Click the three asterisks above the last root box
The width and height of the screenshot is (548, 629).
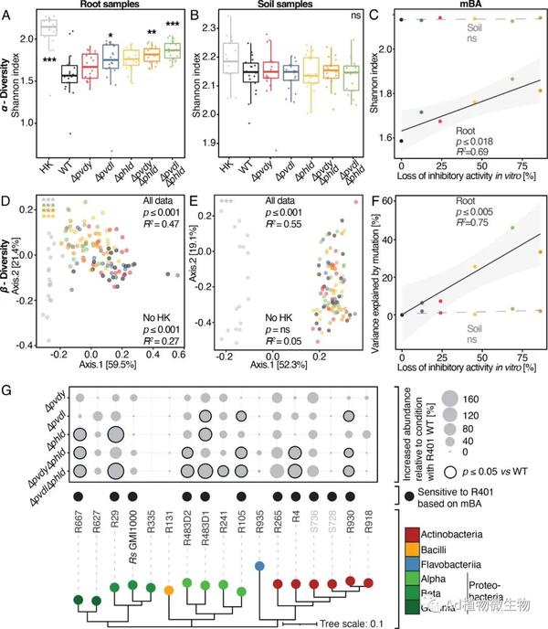(172, 24)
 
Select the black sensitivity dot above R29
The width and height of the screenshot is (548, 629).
(114, 494)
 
